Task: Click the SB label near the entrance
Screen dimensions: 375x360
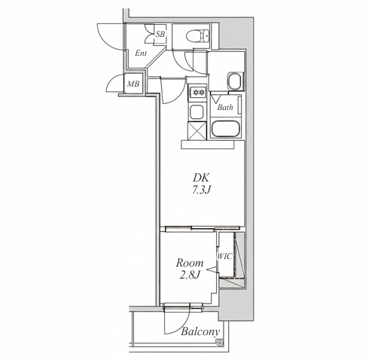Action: click(x=160, y=34)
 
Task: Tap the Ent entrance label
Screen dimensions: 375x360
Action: click(x=141, y=53)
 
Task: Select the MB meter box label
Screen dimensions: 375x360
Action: click(x=133, y=84)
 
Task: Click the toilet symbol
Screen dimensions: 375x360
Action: click(x=198, y=36)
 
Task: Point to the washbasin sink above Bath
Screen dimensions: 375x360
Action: click(x=235, y=81)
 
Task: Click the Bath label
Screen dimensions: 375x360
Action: click(x=225, y=108)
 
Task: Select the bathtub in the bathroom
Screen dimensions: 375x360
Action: click(x=226, y=129)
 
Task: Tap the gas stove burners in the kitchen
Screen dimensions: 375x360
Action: click(x=197, y=93)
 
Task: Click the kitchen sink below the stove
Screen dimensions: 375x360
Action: click(x=197, y=112)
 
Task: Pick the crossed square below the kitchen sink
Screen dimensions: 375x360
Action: click(x=197, y=130)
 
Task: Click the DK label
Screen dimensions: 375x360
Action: click(x=200, y=178)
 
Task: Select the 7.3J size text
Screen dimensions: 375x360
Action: click(x=201, y=191)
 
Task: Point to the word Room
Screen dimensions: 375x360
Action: click(x=190, y=263)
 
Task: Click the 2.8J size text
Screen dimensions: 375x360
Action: click(x=190, y=275)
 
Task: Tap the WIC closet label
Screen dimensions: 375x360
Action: click(x=225, y=256)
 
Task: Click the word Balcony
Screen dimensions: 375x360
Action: click(x=200, y=332)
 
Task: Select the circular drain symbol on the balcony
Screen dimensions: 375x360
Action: click(x=220, y=343)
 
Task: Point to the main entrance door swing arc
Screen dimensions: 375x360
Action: click(x=105, y=40)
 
